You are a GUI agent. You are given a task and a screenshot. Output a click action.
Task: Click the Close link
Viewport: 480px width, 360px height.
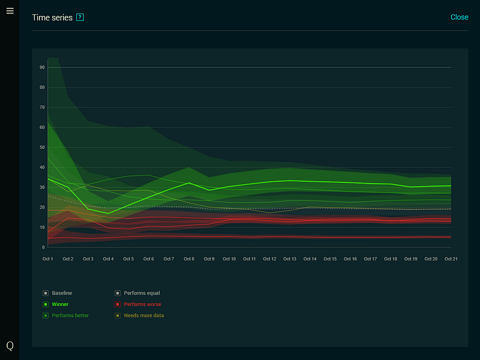coord(459,17)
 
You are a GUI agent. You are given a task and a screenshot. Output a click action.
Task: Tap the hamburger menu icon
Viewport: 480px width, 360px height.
coord(10,11)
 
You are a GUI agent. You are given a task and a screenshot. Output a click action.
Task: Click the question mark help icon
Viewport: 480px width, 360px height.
coord(80,17)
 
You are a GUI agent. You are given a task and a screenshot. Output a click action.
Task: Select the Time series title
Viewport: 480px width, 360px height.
coord(52,17)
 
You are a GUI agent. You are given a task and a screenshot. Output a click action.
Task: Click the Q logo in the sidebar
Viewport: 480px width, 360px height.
coord(10,346)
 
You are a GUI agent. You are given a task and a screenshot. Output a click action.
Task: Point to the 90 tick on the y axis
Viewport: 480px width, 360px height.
coord(43,67)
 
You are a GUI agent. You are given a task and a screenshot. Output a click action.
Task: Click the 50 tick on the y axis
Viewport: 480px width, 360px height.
coord(43,147)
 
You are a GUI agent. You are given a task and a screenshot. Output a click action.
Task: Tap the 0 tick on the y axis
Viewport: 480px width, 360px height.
coord(43,247)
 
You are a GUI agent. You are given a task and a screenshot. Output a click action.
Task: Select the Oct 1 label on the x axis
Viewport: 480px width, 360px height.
coord(48,259)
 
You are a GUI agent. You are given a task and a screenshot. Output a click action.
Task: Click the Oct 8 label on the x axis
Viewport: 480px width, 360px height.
coord(189,259)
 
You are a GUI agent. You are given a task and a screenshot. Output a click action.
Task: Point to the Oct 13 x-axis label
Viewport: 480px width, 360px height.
coord(290,259)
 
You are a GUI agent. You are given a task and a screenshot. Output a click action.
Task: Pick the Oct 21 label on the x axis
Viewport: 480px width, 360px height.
coord(451,259)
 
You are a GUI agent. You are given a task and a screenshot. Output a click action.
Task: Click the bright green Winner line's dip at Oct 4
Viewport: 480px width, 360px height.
coord(108,213)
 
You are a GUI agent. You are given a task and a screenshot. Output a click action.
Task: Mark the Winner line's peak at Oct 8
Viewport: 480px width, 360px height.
coord(189,183)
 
